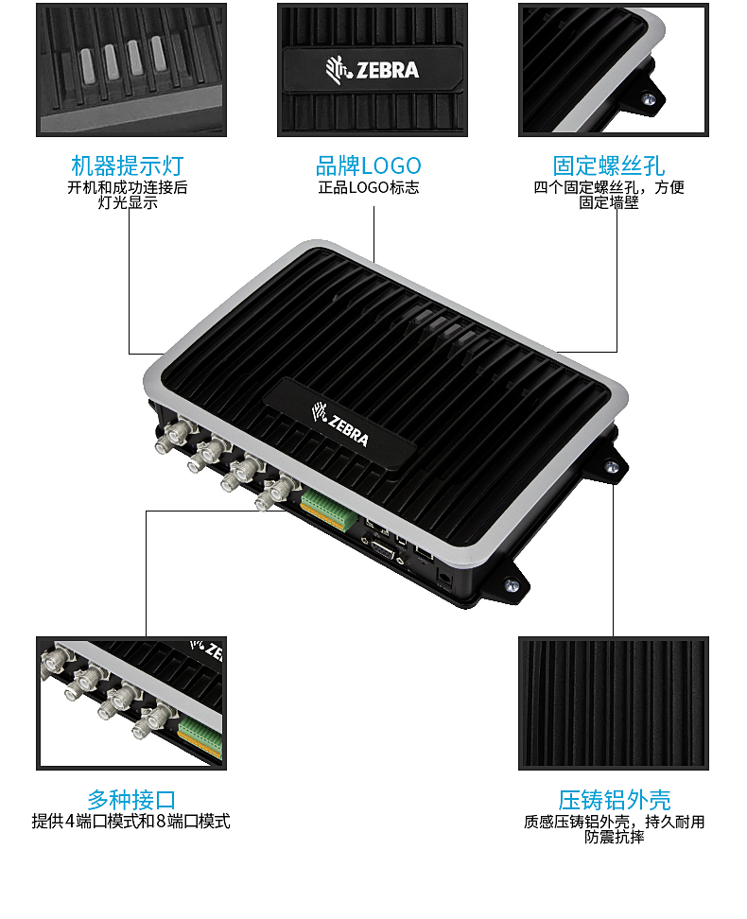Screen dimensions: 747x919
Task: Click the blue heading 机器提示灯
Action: point(128,166)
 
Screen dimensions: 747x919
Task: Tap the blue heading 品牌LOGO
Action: point(368,166)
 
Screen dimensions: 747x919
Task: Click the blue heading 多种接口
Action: point(131,800)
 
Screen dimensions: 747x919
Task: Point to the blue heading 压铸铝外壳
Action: point(614,800)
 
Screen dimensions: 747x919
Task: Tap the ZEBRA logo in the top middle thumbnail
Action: point(373,69)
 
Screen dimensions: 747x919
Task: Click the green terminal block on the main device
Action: point(329,509)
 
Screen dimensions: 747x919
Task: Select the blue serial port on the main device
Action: point(384,550)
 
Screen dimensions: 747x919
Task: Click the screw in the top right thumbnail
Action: point(647,98)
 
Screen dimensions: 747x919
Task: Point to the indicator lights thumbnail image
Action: point(131,69)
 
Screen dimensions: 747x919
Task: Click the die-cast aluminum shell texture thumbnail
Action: point(613,702)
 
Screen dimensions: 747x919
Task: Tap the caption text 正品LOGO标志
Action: point(368,187)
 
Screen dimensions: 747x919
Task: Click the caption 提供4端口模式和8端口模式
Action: point(131,821)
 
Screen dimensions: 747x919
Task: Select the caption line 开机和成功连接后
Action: point(128,187)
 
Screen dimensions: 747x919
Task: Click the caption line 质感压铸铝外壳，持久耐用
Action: point(614,822)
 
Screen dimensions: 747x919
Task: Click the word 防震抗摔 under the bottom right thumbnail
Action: point(614,837)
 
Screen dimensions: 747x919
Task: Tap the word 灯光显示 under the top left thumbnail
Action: point(128,202)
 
